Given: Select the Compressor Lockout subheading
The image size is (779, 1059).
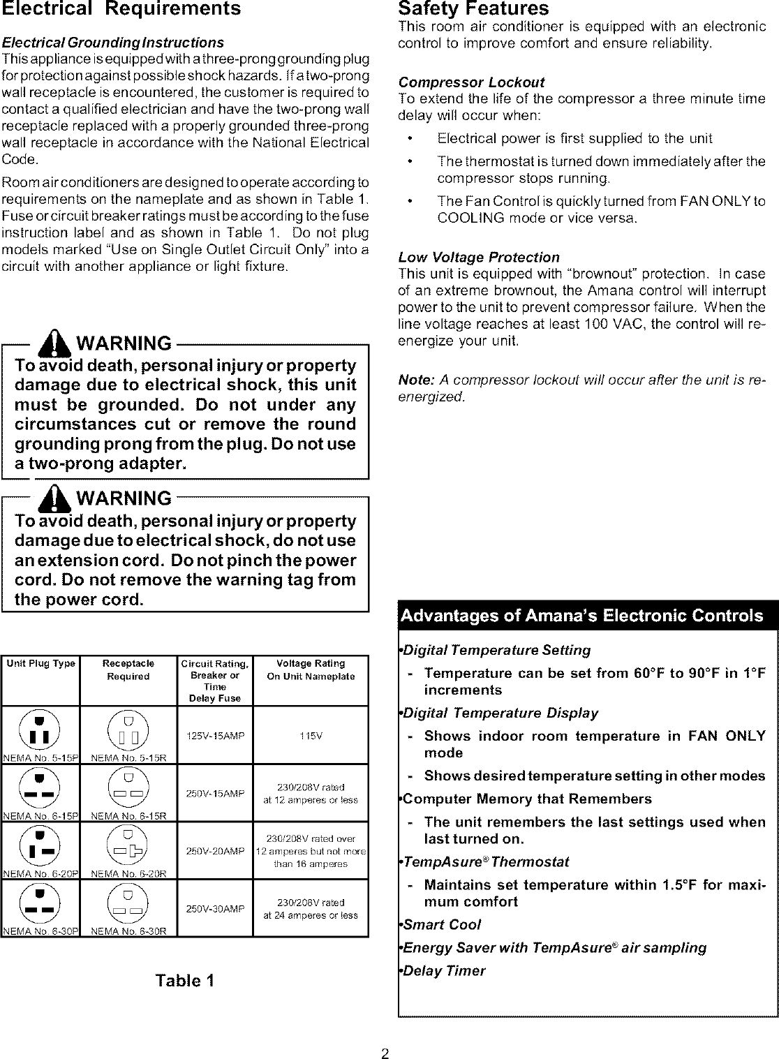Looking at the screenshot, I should tap(470, 82).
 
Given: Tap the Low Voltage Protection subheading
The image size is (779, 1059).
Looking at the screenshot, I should tap(478, 257).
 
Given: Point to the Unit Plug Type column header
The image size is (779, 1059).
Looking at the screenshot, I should tap(40, 663).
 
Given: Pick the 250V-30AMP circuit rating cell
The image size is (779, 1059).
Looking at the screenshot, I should tap(214, 908).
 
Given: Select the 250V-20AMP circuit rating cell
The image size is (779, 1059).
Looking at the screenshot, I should tap(214, 850).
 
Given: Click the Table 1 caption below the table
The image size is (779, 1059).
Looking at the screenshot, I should tap(184, 980).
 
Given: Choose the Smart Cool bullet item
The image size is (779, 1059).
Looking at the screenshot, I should tap(441, 924).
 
